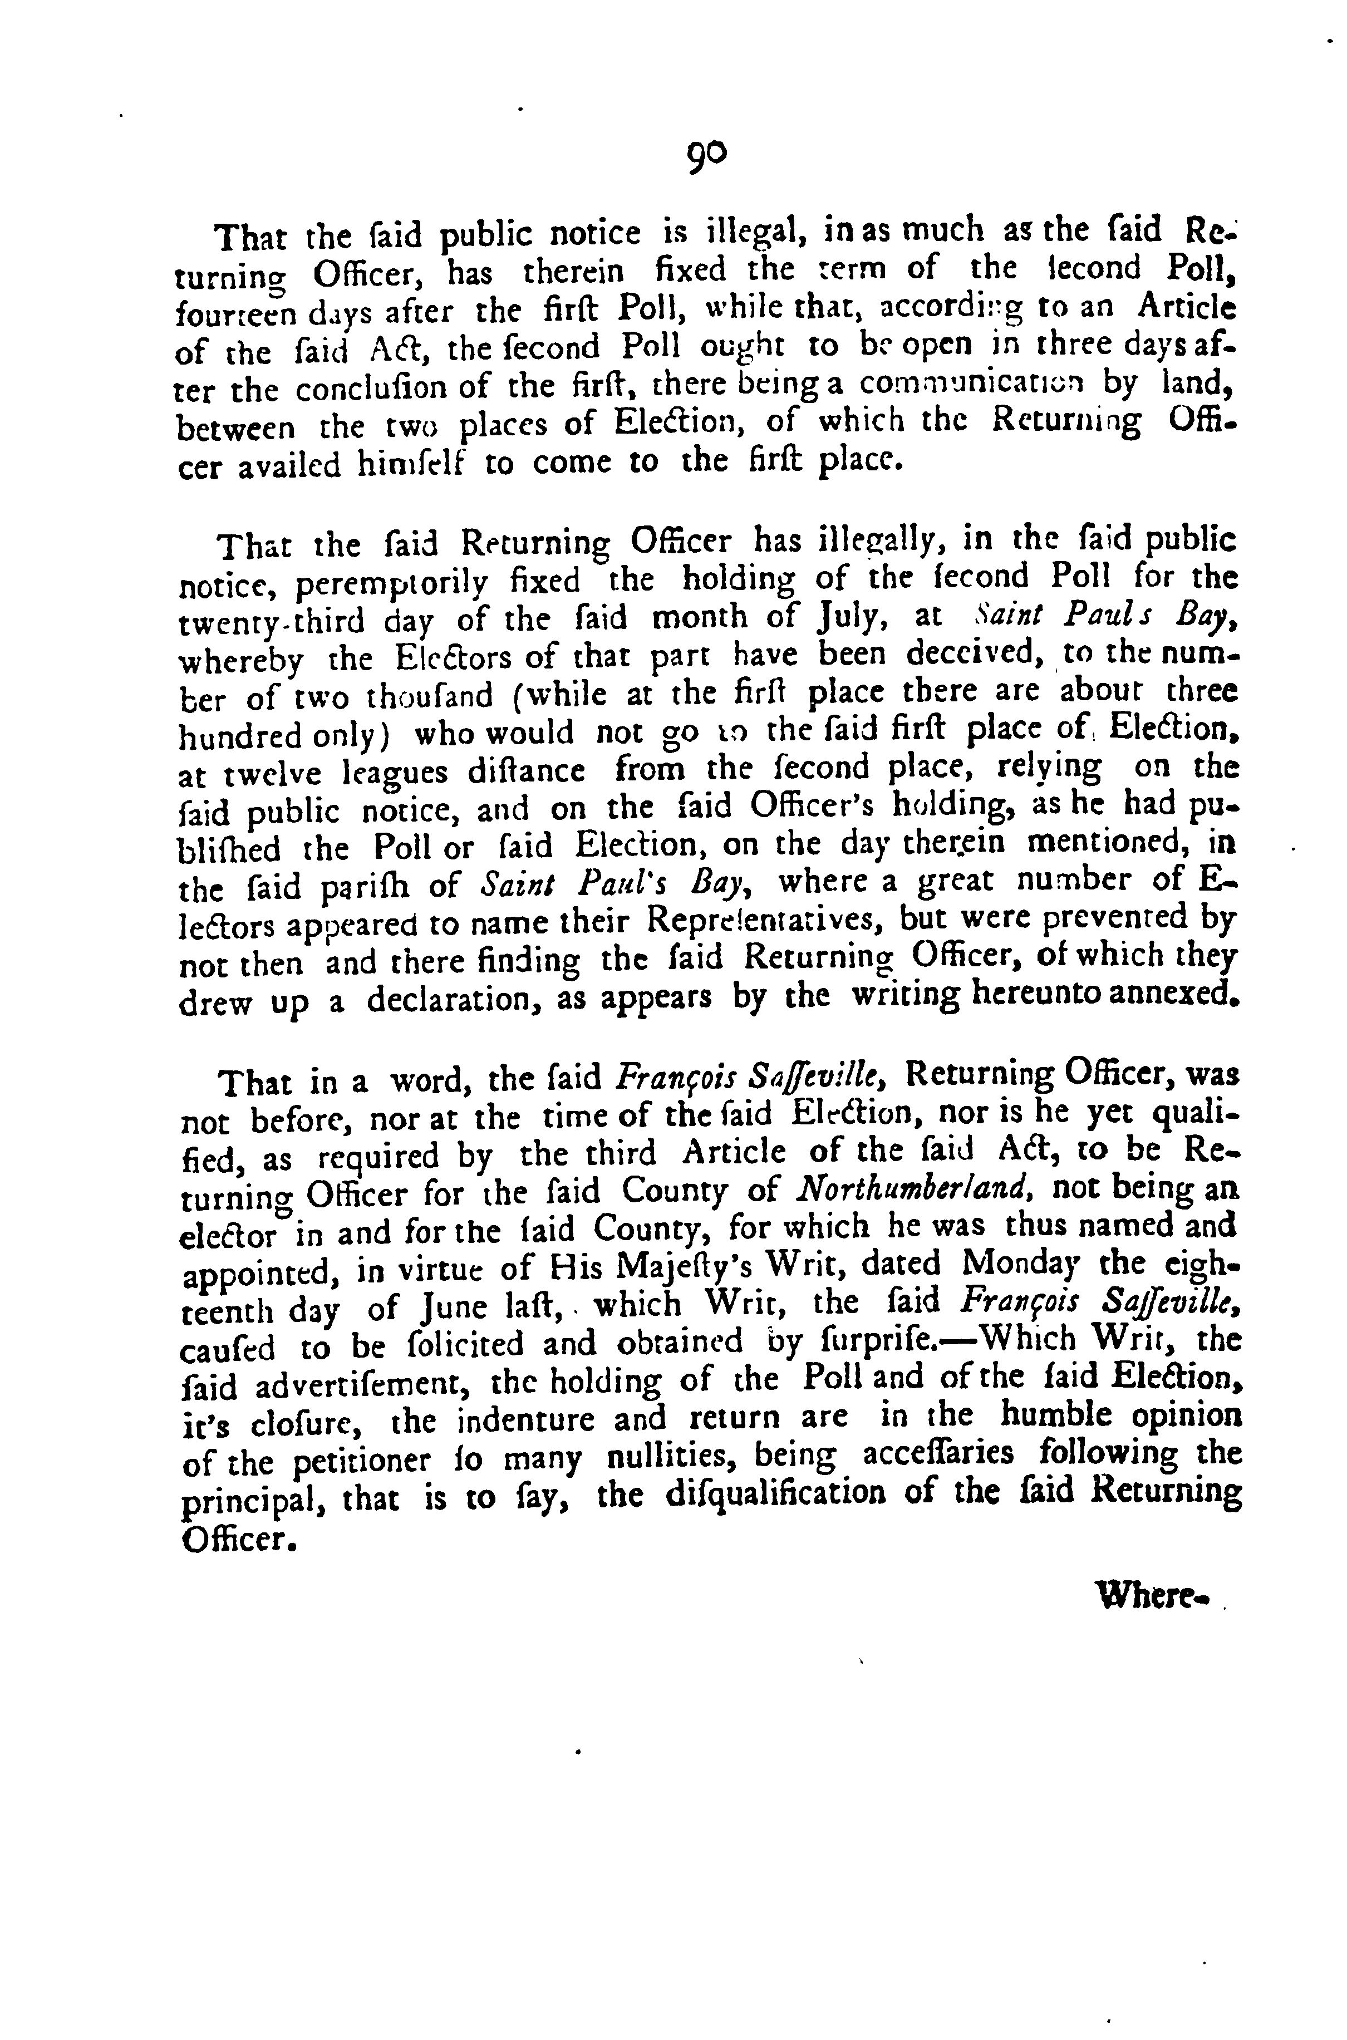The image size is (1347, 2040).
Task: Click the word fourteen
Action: coord(233,310)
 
